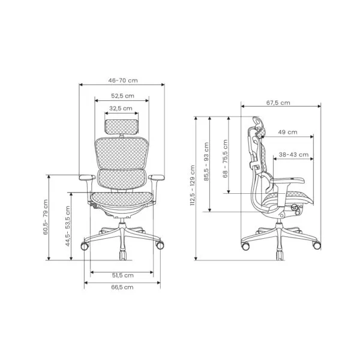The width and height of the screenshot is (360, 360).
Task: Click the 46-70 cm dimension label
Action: (x=123, y=80)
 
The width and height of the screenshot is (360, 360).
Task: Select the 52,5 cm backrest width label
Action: (x=122, y=96)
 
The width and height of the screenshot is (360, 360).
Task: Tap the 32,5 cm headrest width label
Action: (x=121, y=108)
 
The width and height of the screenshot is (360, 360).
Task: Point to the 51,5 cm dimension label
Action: (x=123, y=275)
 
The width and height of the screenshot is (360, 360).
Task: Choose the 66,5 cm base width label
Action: (x=122, y=287)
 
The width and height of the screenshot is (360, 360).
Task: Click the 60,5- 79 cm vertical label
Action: (x=46, y=217)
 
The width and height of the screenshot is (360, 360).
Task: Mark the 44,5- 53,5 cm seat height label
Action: (x=68, y=226)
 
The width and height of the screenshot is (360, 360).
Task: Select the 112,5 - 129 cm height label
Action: (x=193, y=185)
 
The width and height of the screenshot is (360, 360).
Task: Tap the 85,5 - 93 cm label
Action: (x=206, y=161)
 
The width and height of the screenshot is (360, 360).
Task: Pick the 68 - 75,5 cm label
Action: (x=225, y=158)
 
